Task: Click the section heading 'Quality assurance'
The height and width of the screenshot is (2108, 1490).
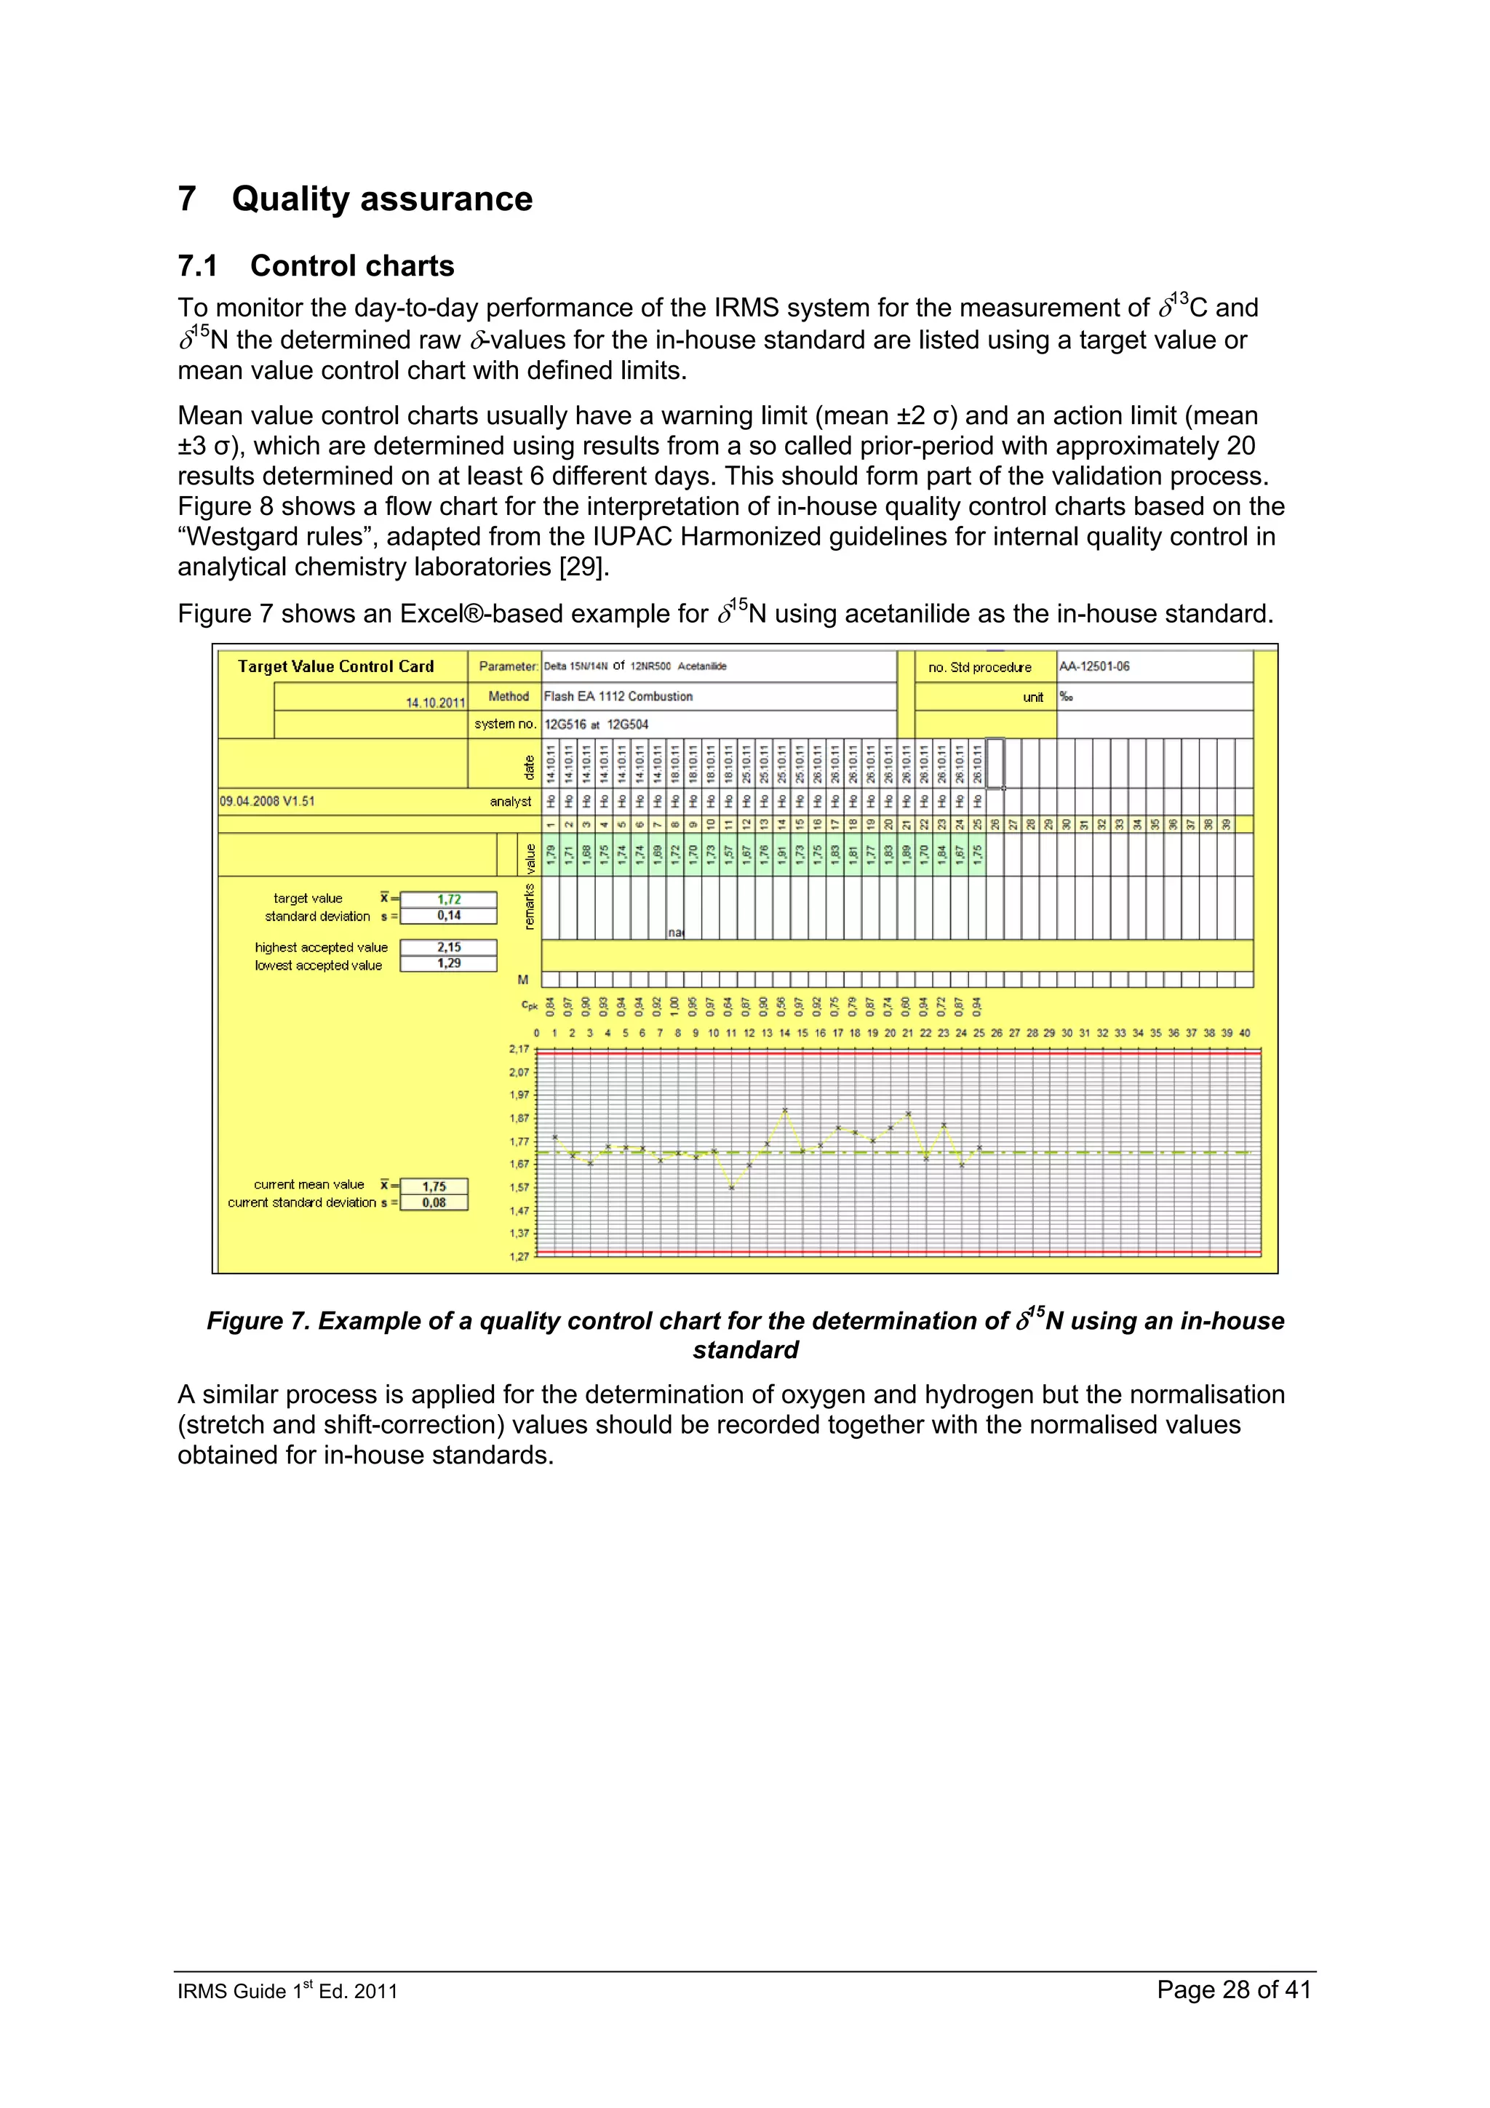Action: (381, 199)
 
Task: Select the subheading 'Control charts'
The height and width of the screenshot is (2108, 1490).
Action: (351, 266)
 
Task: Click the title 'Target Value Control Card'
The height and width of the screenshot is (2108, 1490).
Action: (335, 666)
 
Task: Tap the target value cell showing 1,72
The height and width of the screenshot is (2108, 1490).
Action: (448, 900)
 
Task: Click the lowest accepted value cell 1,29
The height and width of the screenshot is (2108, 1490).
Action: (448, 963)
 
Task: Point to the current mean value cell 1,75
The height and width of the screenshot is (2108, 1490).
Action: (434, 1186)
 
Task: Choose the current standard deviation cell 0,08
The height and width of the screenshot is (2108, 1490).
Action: (434, 1202)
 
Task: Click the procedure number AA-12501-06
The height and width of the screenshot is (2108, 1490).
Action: (1094, 666)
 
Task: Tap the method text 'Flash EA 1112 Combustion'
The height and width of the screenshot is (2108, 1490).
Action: (618, 697)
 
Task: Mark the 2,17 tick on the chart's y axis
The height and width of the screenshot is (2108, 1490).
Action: (519, 1050)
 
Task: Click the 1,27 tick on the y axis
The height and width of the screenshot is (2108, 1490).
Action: (519, 1257)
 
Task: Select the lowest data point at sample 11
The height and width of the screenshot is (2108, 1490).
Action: (732, 1188)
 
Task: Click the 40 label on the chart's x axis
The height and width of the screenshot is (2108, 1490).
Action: (1245, 1033)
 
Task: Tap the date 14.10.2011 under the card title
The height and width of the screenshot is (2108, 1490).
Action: (435, 703)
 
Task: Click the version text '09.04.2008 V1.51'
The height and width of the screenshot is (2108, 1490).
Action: (267, 802)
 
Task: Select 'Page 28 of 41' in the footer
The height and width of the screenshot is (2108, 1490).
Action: (1233, 1989)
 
